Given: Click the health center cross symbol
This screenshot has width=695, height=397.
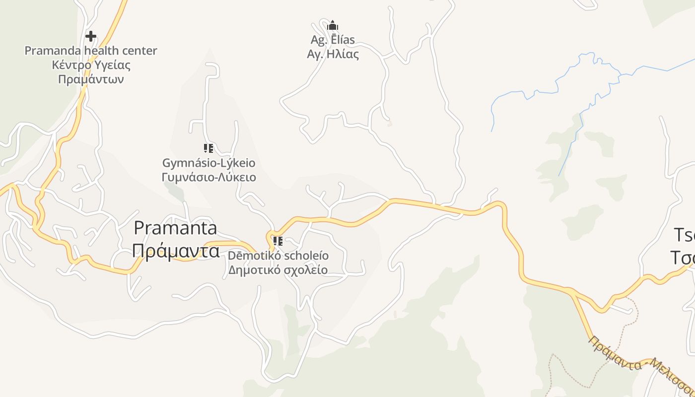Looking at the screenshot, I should [91, 36].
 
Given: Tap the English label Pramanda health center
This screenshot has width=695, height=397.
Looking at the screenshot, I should [91, 51].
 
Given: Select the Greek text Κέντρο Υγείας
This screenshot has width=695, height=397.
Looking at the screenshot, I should [91, 65].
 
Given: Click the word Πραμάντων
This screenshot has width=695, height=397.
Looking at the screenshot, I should [91, 79].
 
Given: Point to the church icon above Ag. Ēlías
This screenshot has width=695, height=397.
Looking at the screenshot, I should [333, 25].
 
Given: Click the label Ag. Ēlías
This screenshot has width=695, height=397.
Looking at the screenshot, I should [333, 40].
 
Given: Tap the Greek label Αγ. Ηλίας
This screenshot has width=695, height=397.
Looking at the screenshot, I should [333, 54].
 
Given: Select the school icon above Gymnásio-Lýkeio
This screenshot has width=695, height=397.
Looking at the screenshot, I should [208, 148].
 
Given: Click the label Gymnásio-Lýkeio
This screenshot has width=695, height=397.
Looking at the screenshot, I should [208, 163].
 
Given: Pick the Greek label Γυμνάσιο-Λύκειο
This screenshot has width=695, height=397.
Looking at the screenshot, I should [208, 177].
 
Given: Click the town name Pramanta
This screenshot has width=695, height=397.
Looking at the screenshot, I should [176, 228].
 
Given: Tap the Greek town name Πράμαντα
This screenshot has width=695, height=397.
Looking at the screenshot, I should [176, 251].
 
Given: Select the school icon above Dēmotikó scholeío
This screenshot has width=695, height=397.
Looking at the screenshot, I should [278, 241].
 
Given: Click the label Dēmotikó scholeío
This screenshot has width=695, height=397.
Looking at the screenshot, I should [278, 256].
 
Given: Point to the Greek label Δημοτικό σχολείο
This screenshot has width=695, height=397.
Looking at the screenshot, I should [278, 270].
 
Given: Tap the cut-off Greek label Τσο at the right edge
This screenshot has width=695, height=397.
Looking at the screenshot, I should [683, 258].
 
